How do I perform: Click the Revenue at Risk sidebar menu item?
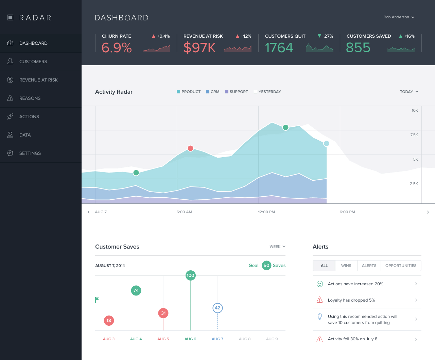38,80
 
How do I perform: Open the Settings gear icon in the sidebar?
10,153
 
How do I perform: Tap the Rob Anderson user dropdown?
399,17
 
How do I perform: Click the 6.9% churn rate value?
117,48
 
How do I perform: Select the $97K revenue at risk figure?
199,48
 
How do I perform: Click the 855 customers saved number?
358,48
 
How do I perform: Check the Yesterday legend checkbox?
256,92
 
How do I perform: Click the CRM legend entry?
213,92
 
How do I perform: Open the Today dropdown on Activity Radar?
409,92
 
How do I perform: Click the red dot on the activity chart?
190,148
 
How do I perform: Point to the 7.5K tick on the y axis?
414,135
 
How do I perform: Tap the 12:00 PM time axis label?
266,212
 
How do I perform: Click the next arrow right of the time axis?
428,212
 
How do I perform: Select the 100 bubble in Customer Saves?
190,275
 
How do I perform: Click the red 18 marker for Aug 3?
109,320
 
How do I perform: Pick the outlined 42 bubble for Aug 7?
217,308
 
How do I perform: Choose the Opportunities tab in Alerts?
401,266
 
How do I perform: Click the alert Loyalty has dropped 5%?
351,300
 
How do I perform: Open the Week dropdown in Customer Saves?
277,247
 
